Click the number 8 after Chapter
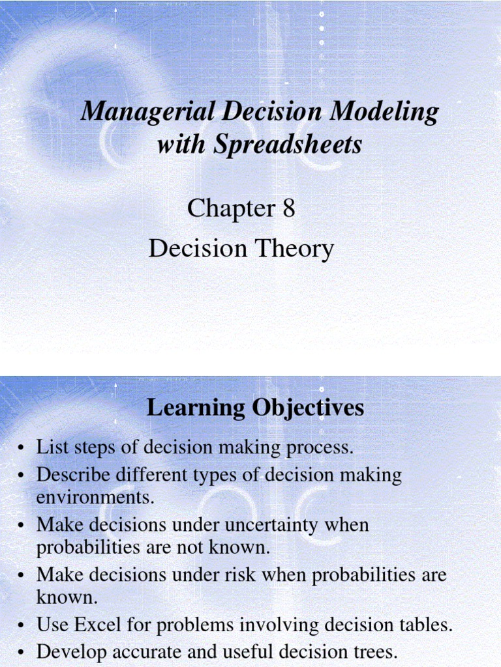click(x=288, y=208)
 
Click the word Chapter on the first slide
click(x=231, y=208)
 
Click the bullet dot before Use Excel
click(x=22, y=626)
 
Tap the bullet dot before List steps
click(x=22, y=448)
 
